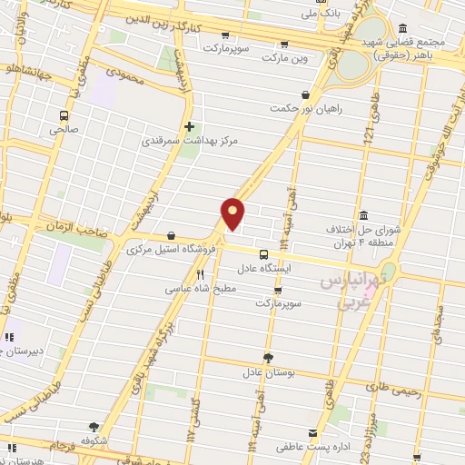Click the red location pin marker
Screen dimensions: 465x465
click(233, 213)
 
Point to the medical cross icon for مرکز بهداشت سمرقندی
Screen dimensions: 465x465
click(189, 126)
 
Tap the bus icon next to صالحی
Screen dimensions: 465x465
click(64, 115)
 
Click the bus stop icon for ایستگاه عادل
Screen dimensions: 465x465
click(263, 255)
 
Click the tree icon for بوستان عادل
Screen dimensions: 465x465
click(267, 357)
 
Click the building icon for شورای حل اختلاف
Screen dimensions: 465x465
click(364, 214)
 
